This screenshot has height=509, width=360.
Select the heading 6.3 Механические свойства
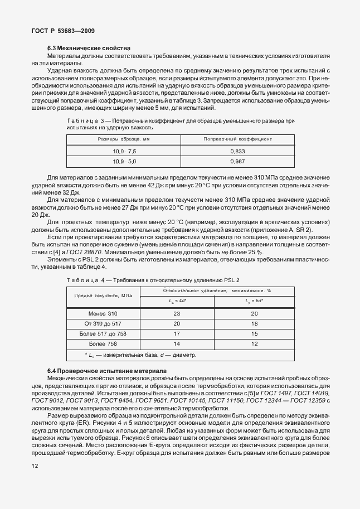pos(89,49)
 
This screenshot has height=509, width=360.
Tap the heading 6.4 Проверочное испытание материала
pos(104,371)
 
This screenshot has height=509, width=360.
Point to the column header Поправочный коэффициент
pos(237,139)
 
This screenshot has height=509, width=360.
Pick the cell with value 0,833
pos(237,151)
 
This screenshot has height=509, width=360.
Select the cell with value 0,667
pos(237,162)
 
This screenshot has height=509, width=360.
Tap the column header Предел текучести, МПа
pos(103,295)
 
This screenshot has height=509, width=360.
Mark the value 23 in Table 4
pos(177,313)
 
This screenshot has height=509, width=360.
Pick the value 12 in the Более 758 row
pos(255,343)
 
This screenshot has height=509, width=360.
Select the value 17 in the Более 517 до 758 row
pos(177,333)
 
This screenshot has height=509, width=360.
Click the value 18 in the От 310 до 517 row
pos(255,323)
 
